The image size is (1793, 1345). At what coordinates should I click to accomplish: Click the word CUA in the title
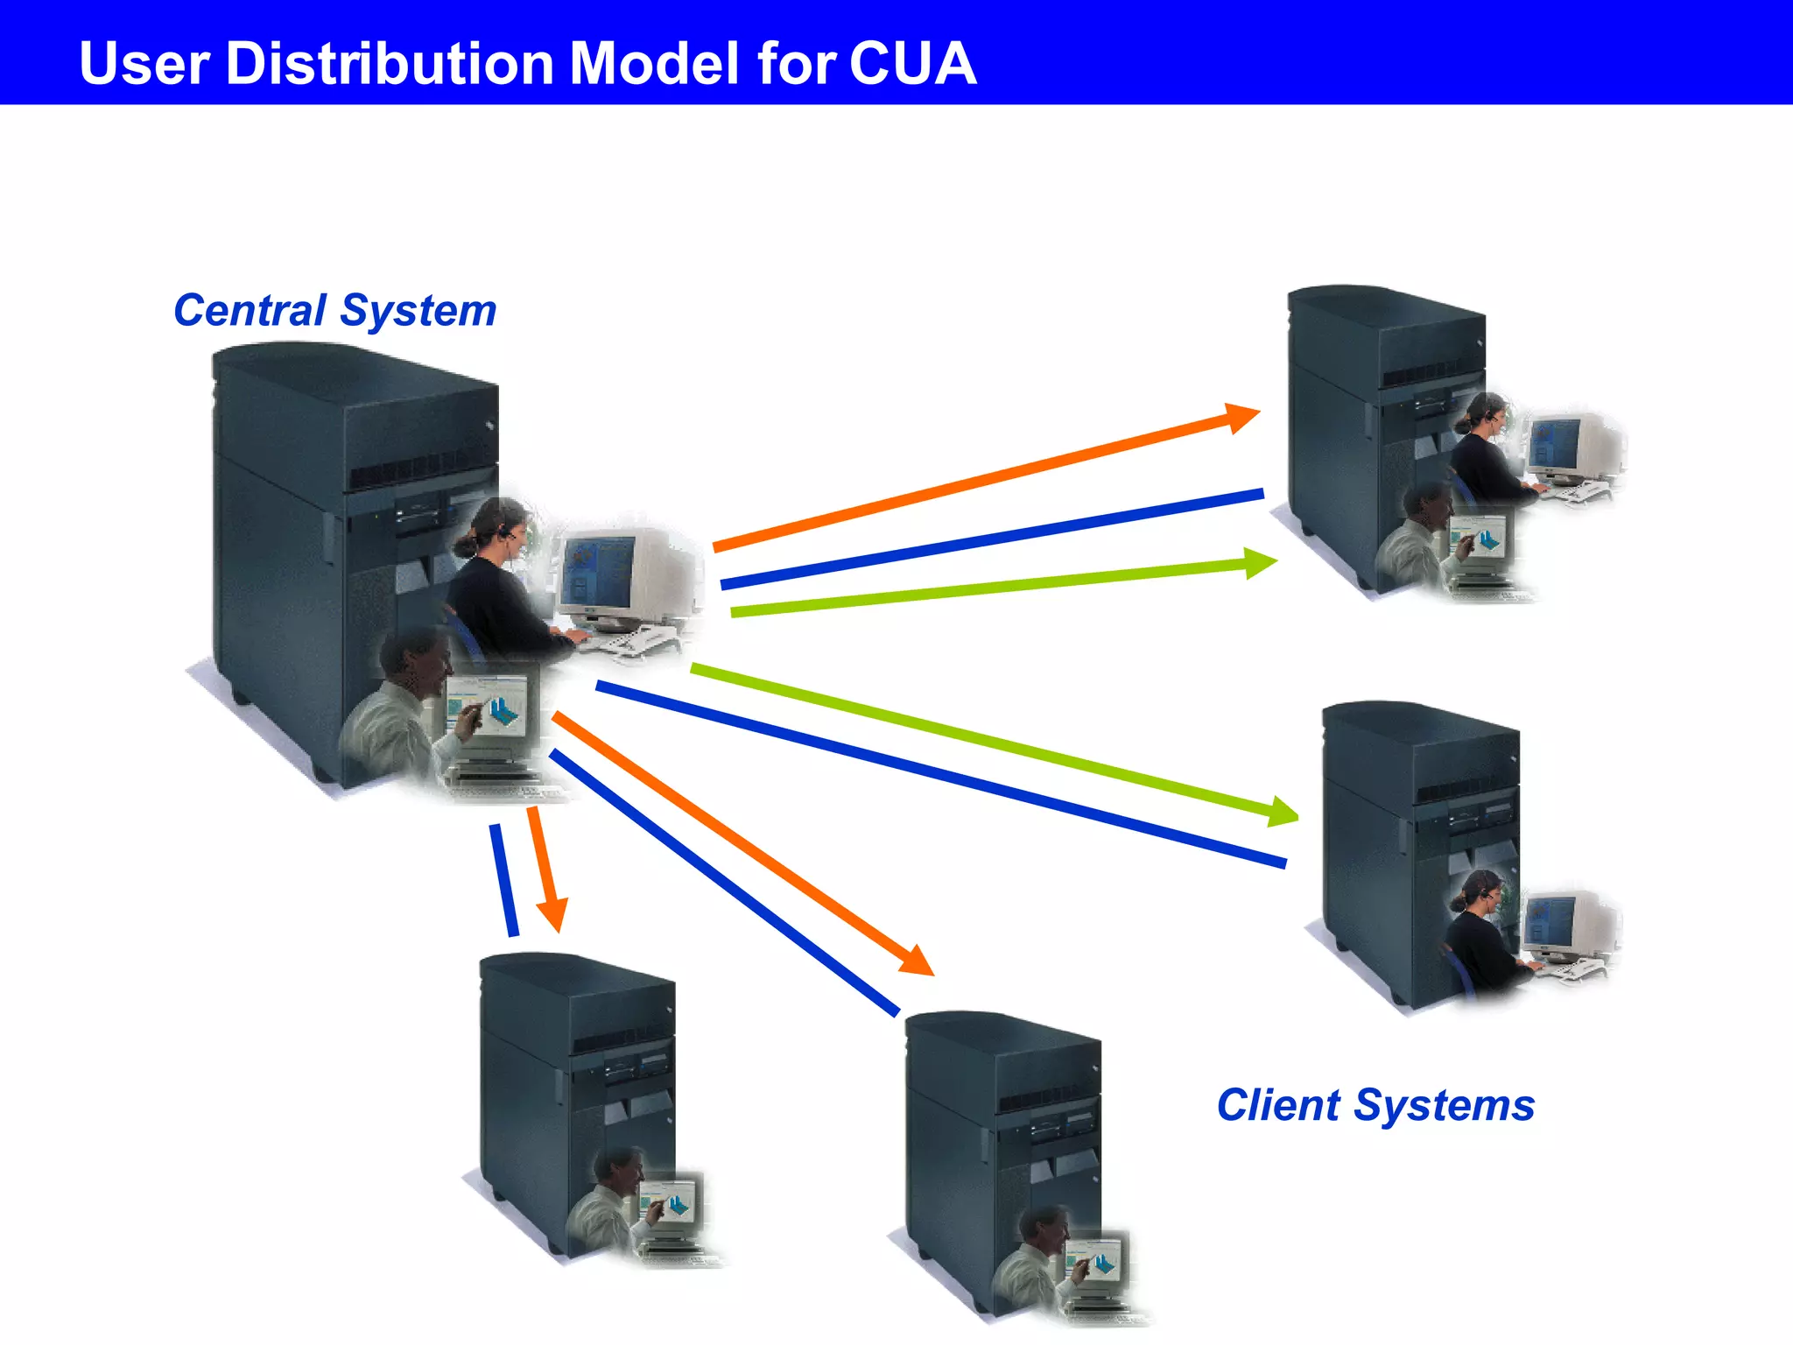pos(912,64)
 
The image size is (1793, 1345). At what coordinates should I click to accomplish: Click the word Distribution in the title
pos(390,64)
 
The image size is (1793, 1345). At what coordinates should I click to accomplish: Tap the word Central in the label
pos(250,311)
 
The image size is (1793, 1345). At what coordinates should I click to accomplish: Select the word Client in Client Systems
pos(1278,1105)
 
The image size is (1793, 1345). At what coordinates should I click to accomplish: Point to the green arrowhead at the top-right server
pos(1261,563)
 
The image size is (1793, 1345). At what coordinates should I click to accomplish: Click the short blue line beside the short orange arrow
pos(503,880)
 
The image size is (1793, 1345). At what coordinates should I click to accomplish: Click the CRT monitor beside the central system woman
pos(613,574)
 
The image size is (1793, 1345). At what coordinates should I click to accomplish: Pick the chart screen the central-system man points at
pos(490,705)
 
